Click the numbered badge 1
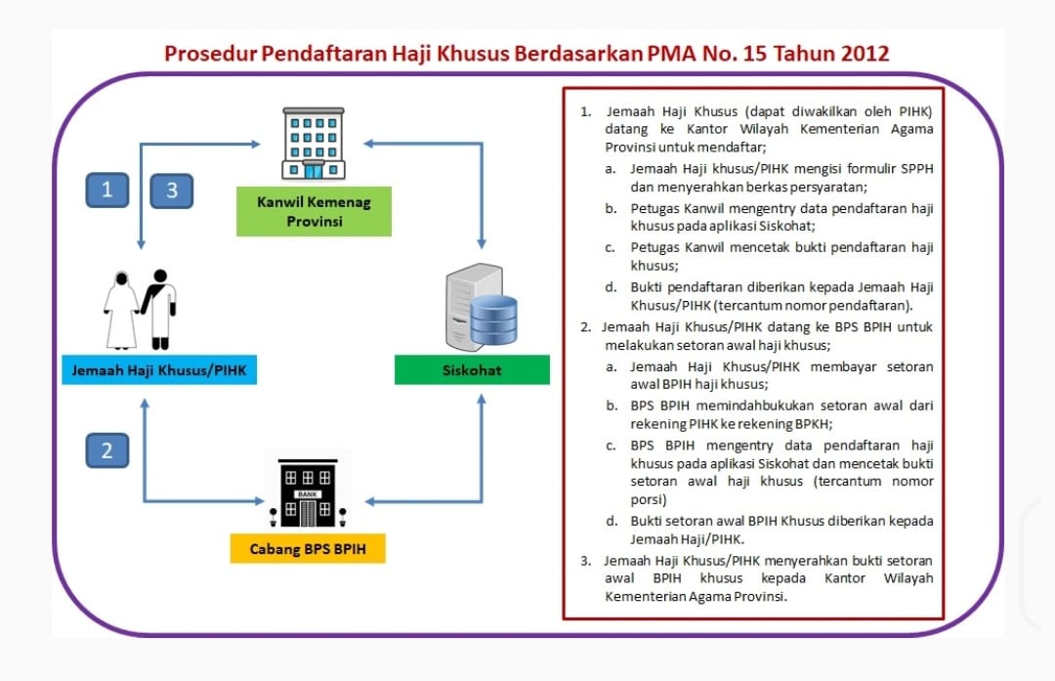point(106,189)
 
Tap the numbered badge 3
point(172,191)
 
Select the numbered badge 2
point(106,449)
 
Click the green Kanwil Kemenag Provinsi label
point(314,212)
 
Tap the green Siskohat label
point(472,370)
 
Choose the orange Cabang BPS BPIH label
point(308,549)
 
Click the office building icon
point(313,144)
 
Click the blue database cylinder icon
point(493,319)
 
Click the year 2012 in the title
point(861,53)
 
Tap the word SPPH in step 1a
point(914,168)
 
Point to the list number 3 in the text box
point(585,561)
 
